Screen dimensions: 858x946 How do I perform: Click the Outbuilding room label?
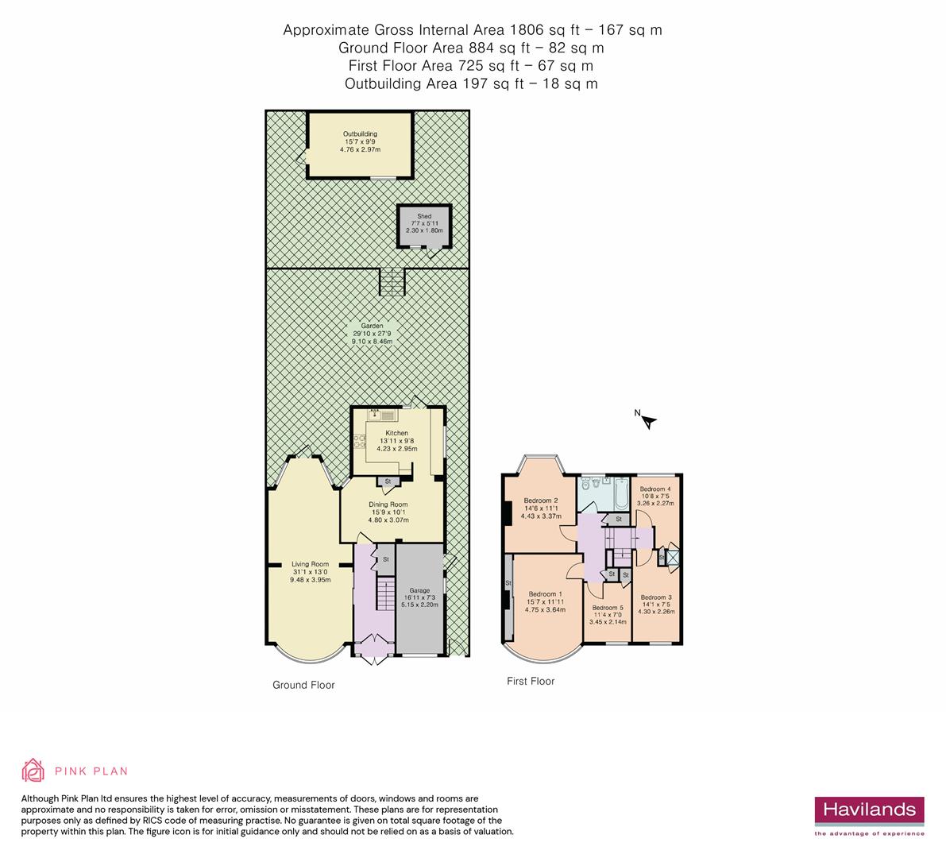coord(360,134)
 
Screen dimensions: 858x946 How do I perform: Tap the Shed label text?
coord(424,216)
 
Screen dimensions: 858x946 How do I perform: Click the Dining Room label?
coord(388,504)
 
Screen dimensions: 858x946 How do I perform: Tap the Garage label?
coord(419,590)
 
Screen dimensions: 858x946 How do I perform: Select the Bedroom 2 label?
coord(540,500)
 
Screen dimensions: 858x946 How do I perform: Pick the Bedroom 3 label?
coord(656,597)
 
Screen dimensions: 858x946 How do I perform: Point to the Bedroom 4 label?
coord(656,489)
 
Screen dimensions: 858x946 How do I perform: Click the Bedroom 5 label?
coord(608,608)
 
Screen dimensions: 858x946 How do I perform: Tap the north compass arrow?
coord(649,422)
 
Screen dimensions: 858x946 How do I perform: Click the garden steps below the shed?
coord(392,281)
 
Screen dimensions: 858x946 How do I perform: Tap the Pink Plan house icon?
coord(33,770)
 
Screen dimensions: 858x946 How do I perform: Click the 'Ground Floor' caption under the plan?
coord(303,685)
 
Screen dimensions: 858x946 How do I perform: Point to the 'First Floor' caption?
coord(531,681)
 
